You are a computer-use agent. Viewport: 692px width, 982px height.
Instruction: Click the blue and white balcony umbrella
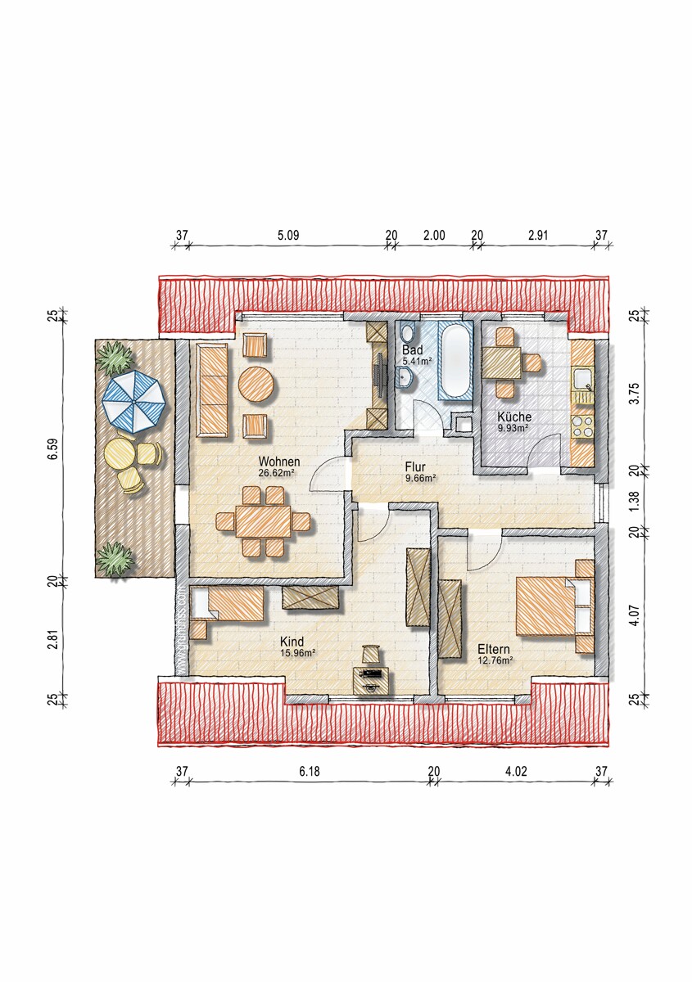(133, 402)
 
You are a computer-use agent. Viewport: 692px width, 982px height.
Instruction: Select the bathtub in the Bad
(455, 360)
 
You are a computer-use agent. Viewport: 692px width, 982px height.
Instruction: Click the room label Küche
(514, 417)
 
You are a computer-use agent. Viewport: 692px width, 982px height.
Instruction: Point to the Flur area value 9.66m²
(420, 478)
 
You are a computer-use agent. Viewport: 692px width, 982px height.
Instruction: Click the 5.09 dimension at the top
(288, 236)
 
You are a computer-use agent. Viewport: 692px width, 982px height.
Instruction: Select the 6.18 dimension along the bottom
(310, 771)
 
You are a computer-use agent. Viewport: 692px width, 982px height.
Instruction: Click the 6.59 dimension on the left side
(53, 449)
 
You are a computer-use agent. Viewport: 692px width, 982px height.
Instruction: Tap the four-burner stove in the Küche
(583, 426)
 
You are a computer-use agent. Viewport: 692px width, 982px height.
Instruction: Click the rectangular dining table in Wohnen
(263, 522)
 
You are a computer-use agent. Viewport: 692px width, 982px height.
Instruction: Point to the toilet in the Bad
(408, 333)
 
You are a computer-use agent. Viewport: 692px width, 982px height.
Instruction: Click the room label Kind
(292, 642)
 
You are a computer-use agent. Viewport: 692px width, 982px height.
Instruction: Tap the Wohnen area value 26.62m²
(276, 473)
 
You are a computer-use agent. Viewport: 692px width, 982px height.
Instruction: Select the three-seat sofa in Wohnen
(212, 390)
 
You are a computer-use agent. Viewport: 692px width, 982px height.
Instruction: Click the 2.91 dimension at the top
(538, 236)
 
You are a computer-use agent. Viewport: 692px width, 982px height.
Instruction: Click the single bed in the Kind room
(227, 605)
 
